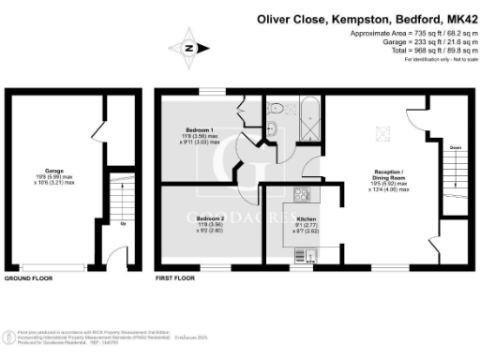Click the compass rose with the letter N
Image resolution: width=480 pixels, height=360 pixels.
click(x=188, y=48)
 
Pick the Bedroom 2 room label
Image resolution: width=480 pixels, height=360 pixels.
click(x=199, y=217)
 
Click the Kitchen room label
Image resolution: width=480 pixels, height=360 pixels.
click(x=307, y=217)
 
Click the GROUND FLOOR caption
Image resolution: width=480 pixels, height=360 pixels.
click(x=29, y=279)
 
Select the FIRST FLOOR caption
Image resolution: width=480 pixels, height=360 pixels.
click(x=176, y=279)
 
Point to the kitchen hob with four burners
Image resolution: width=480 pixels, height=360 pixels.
click(x=302, y=195)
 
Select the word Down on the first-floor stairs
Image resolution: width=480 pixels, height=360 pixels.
click(x=454, y=148)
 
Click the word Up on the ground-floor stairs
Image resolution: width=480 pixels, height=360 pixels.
click(x=122, y=223)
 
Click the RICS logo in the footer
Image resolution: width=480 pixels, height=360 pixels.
click(x=10, y=335)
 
